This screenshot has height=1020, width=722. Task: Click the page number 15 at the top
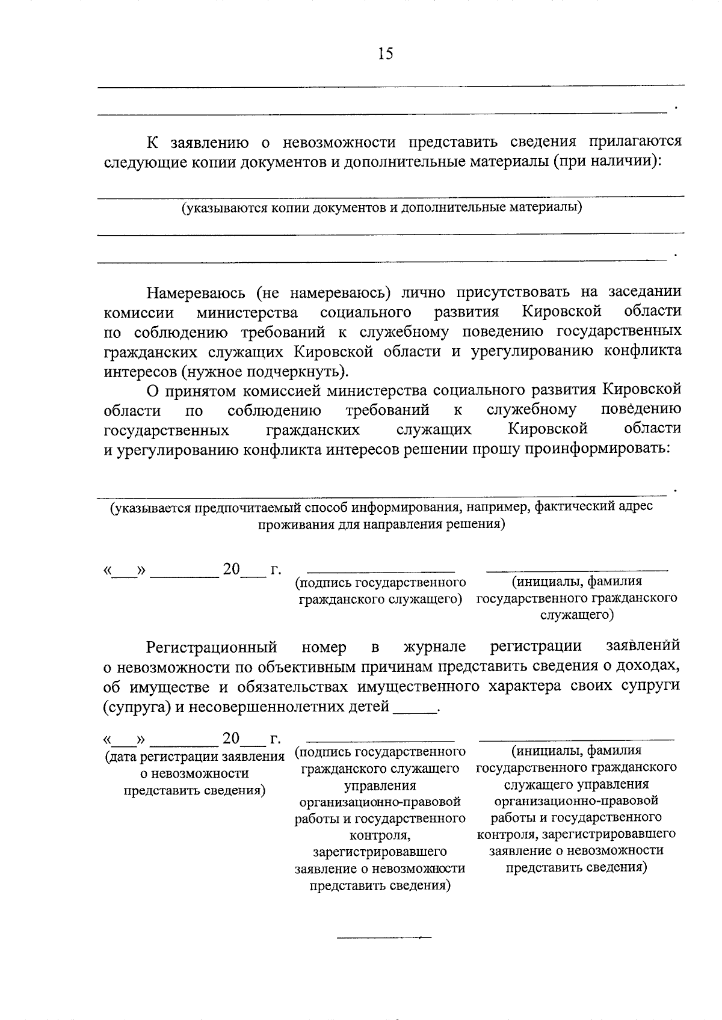pos(386,54)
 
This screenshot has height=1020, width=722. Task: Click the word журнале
pos(434,647)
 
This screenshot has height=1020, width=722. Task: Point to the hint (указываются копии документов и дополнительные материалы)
pos(382,207)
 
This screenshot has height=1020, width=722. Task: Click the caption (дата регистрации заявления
pos(194,757)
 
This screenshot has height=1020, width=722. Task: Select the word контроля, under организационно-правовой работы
pos(380,835)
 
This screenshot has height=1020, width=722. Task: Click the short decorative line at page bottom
pos(384,937)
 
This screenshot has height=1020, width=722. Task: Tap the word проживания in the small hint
pos(291,524)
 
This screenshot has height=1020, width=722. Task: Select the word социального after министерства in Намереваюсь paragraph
pos(366,312)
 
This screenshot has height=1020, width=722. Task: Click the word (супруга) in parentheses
pos(137,706)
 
